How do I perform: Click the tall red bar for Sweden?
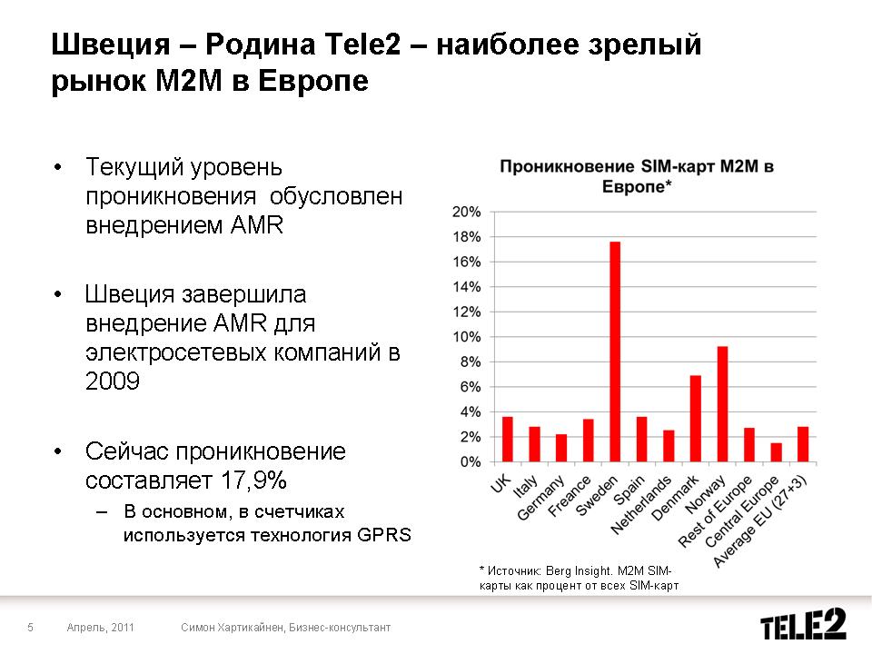click(615, 352)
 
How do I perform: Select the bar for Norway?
click(722, 403)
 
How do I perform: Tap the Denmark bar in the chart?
click(695, 418)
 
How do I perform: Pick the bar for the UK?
click(507, 439)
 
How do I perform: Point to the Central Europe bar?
click(776, 452)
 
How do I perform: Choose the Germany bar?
click(561, 448)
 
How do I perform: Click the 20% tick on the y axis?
click(466, 212)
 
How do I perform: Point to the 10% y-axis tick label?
click(466, 337)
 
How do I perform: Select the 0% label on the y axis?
click(471, 462)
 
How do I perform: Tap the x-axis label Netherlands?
click(641, 505)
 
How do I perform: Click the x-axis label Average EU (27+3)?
click(759, 521)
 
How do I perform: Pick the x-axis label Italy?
click(526, 486)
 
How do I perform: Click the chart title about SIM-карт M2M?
click(637, 175)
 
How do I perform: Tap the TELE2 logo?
click(804, 623)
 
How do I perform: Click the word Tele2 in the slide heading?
click(362, 44)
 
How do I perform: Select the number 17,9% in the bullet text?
click(253, 480)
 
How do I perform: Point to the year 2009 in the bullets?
click(113, 381)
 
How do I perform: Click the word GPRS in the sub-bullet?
click(384, 535)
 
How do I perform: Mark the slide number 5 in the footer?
click(31, 628)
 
